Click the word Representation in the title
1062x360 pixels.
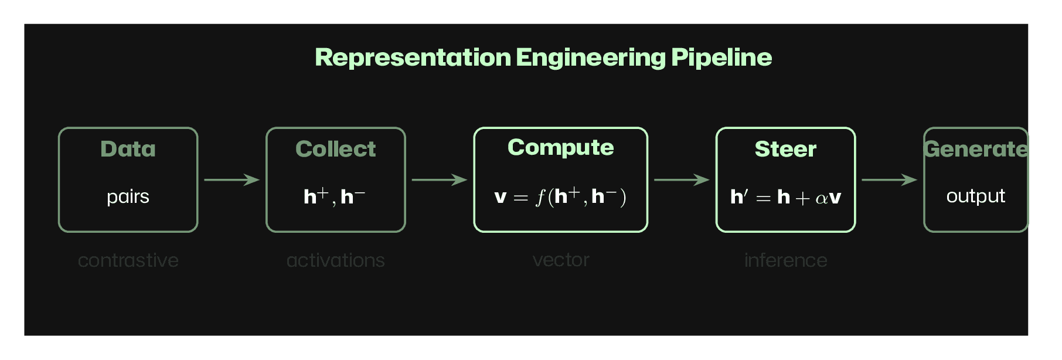click(413, 57)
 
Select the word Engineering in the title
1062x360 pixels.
click(590, 57)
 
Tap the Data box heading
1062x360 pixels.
click(128, 149)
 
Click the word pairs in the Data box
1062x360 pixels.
click(128, 196)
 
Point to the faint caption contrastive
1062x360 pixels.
click(128, 260)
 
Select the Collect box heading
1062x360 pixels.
click(335, 149)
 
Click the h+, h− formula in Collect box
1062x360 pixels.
click(334, 196)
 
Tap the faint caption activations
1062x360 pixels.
click(335, 260)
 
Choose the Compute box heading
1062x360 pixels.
click(560, 147)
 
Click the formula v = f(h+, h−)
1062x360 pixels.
click(560, 196)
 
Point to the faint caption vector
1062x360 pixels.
click(560, 259)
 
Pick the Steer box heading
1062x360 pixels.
click(785, 149)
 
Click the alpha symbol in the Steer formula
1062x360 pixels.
click(821, 198)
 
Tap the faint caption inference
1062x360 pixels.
click(785, 260)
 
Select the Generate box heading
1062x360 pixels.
click(975, 149)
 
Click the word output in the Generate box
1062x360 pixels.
click(975, 196)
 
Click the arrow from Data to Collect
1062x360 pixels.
click(232, 179)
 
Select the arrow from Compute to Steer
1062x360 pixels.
click(681, 179)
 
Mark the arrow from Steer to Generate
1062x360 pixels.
click(889, 179)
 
